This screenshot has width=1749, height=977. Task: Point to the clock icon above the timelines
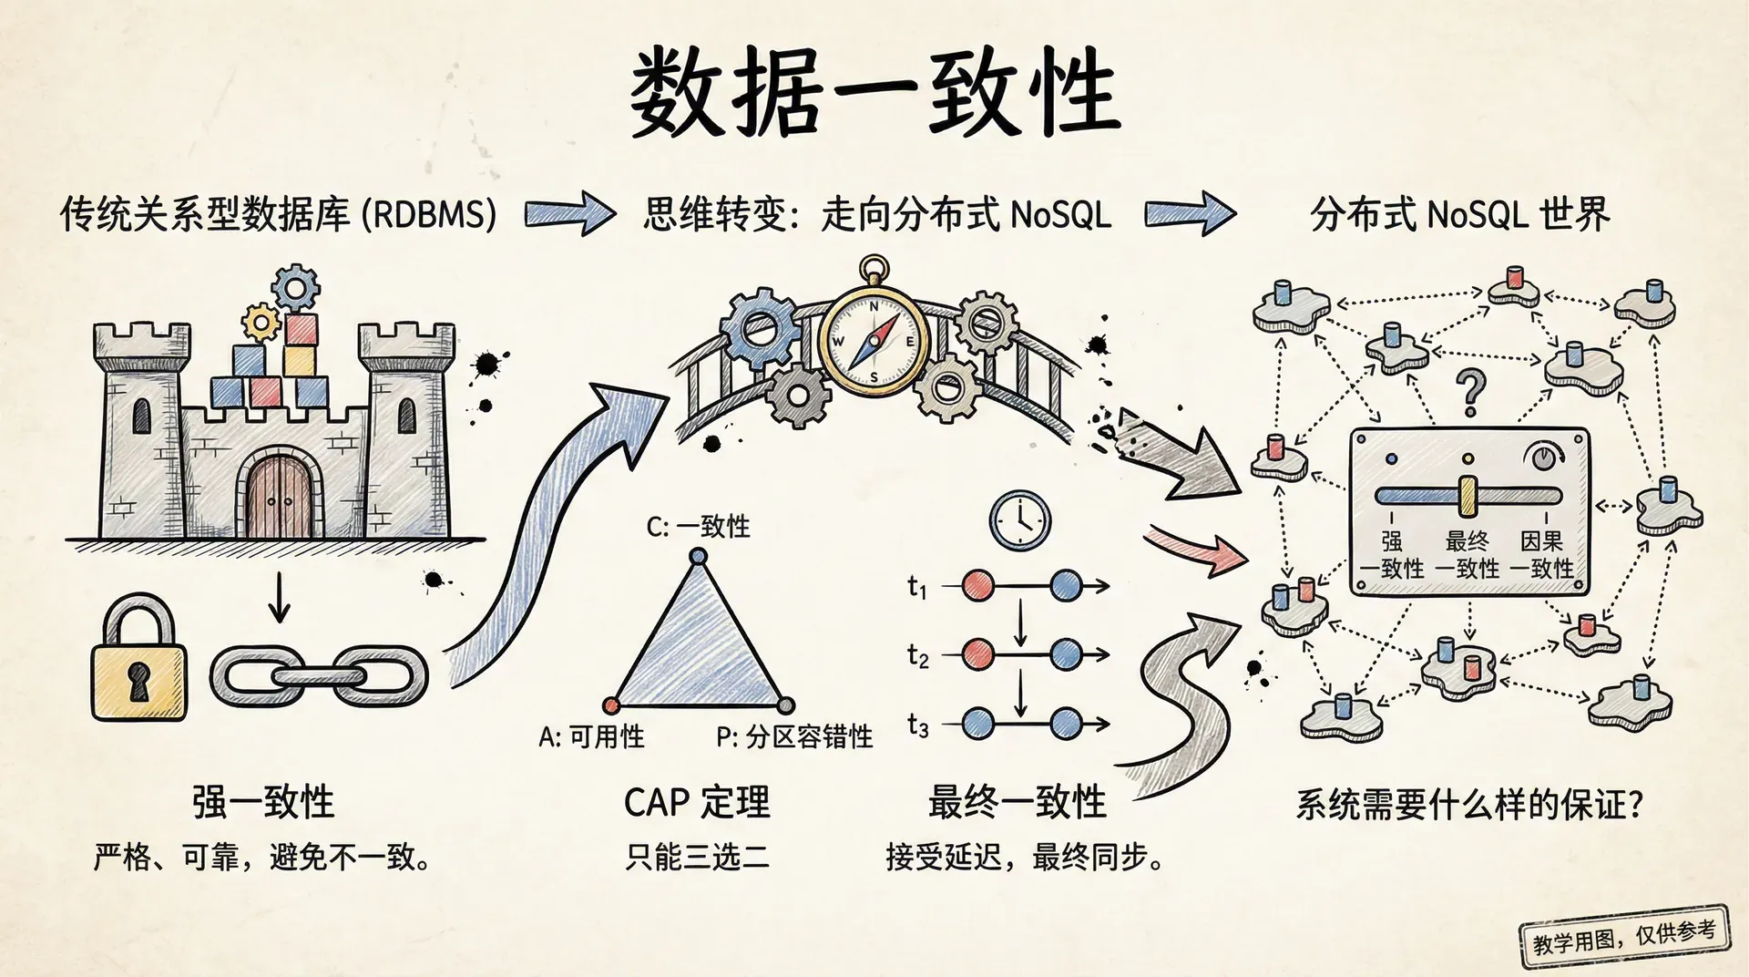pyautogui.click(x=1020, y=521)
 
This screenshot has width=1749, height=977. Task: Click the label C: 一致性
pyautogui.click(x=698, y=527)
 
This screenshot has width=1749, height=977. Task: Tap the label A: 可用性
pyautogui.click(x=591, y=736)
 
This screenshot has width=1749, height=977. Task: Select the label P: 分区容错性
pyautogui.click(x=794, y=736)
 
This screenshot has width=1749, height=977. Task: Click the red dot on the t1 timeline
pyautogui.click(x=978, y=585)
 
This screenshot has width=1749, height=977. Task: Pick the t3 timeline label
pyautogui.click(x=917, y=726)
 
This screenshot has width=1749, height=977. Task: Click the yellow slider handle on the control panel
pyautogui.click(x=1468, y=496)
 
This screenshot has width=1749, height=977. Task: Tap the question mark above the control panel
pyautogui.click(x=1469, y=392)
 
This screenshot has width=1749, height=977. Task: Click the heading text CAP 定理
pyautogui.click(x=697, y=803)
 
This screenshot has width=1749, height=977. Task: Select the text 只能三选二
pyautogui.click(x=697, y=857)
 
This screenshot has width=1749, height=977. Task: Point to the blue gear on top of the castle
pyautogui.click(x=296, y=287)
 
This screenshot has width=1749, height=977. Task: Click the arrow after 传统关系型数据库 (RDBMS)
pyautogui.click(x=569, y=214)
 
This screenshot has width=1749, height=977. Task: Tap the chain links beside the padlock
pyautogui.click(x=319, y=676)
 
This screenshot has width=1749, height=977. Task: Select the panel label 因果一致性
pyautogui.click(x=1541, y=554)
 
